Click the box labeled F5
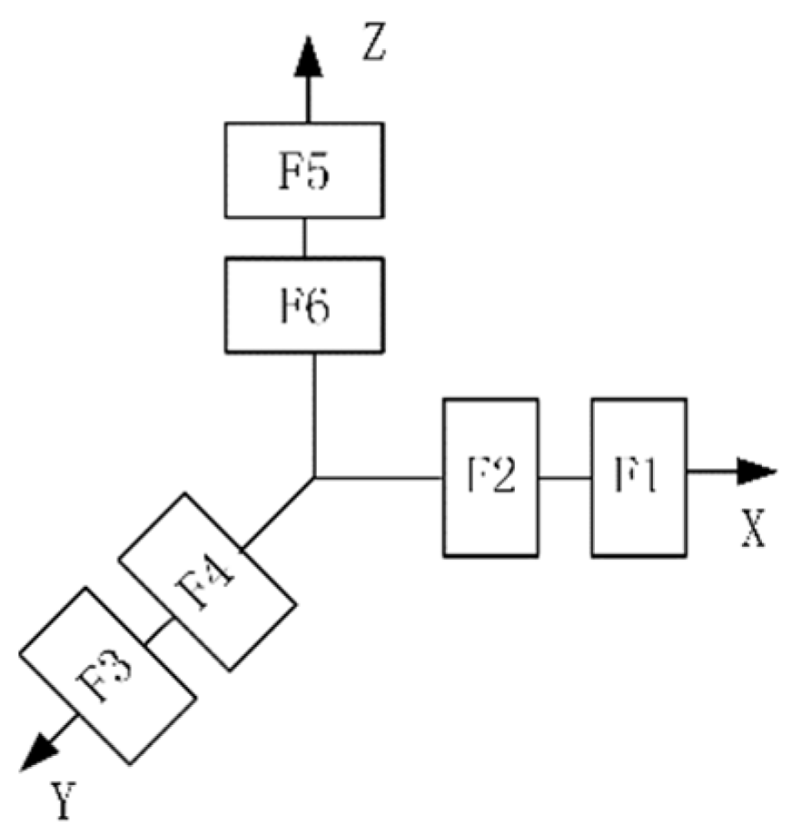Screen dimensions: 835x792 pyautogui.click(x=303, y=170)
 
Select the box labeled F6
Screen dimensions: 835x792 pyautogui.click(x=303, y=305)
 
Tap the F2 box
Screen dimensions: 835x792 pyautogui.click(x=490, y=476)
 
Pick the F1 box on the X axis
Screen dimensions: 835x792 pyautogui.click(x=639, y=476)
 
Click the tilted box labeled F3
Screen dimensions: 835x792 pyautogui.click(x=107, y=674)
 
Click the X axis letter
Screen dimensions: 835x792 pyautogui.click(x=751, y=530)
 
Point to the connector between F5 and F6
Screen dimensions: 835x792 pyautogui.click(x=304, y=237)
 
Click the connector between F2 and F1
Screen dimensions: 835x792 pyautogui.click(x=565, y=476)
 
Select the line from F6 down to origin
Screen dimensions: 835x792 pyautogui.click(x=313, y=413)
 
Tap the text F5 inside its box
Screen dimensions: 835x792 pyautogui.click(x=303, y=171)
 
